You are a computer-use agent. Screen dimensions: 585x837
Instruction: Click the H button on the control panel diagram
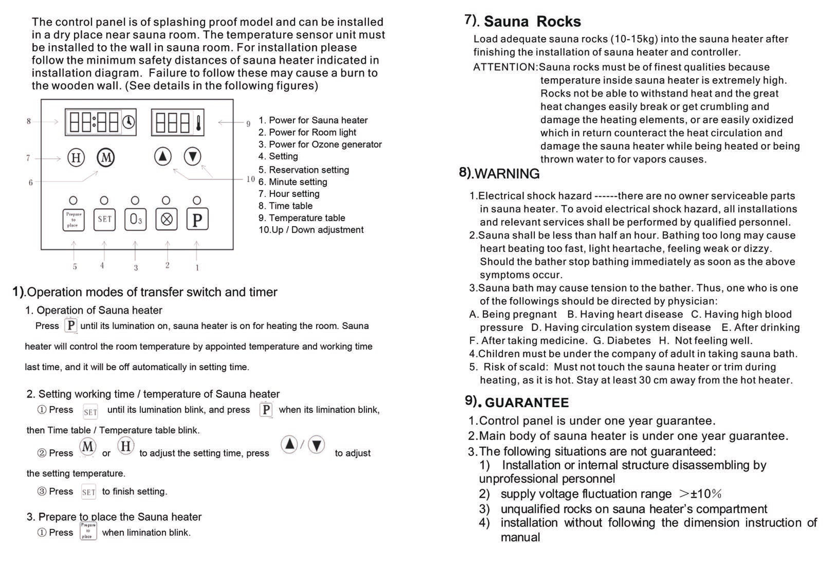click(76, 158)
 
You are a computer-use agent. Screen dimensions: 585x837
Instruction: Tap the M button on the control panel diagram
click(106, 158)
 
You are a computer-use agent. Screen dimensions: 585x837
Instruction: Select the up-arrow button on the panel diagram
click(163, 157)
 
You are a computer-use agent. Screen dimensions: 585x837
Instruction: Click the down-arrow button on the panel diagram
click(192, 157)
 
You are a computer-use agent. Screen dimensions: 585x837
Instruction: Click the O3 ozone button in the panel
click(135, 219)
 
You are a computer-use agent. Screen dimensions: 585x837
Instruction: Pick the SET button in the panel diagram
click(104, 219)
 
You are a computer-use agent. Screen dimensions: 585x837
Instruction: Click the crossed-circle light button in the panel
click(167, 219)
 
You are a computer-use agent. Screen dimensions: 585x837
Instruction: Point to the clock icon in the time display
click(128, 122)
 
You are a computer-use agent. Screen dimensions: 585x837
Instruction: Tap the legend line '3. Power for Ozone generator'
click(320, 144)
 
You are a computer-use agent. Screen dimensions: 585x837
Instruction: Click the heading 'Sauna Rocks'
click(532, 22)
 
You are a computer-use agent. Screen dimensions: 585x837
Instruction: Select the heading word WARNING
click(507, 173)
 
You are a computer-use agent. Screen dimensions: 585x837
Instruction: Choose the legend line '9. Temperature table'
click(301, 218)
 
